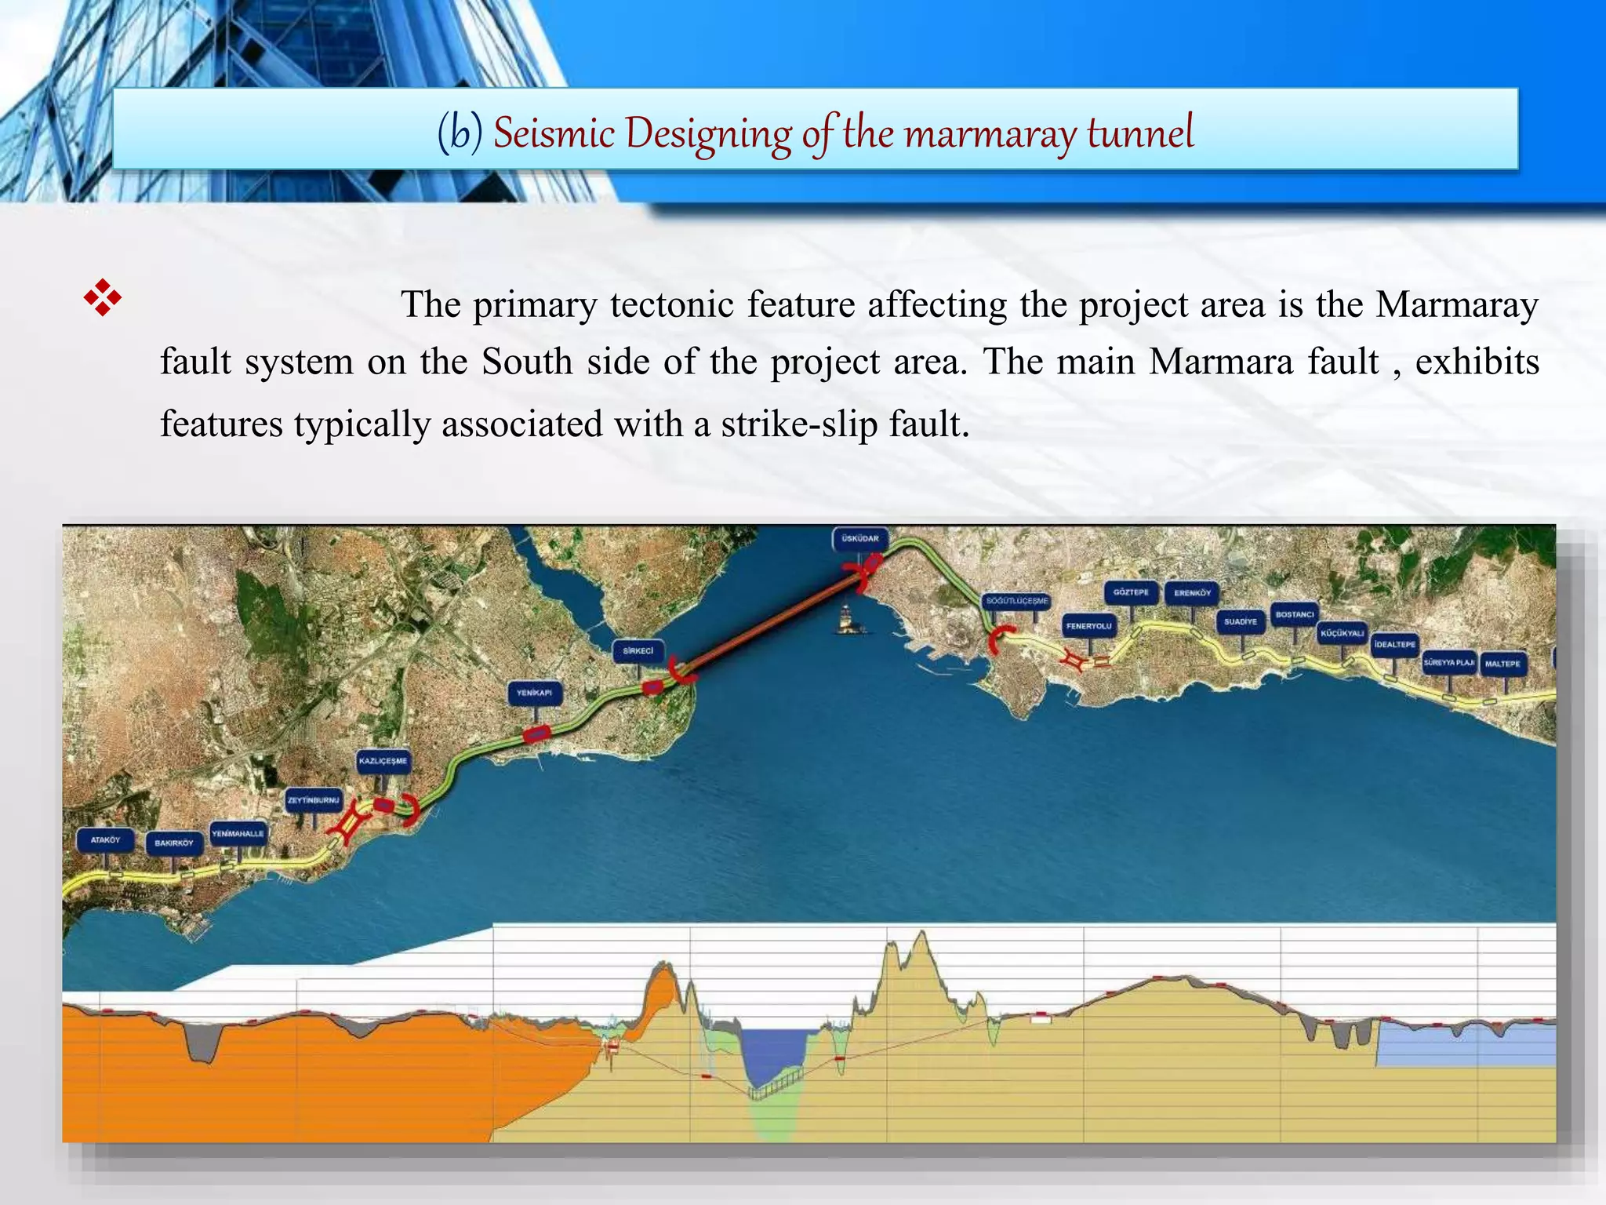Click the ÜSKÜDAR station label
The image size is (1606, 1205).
coord(860,539)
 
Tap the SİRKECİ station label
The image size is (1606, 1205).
coord(638,651)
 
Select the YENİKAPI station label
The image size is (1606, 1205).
coord(535,694)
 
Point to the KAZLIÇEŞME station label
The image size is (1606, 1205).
coord(383,761)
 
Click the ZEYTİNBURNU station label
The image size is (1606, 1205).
coord(314,800)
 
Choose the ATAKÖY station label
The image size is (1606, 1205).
coord(106,840)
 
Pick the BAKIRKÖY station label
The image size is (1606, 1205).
coord(174,843)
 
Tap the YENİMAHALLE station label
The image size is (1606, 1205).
coord(238,833)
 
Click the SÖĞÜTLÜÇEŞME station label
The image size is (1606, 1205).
coord(1016,601)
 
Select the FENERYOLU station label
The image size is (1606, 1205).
coord(1088,626)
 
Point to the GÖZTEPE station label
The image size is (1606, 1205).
coord(1131,592)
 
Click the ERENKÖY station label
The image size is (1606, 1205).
coord(1192,593)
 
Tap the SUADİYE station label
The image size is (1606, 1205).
coord(1241,622)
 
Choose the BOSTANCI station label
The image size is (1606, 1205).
coord(1294,615)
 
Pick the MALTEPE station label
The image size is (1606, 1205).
coord(1502,664)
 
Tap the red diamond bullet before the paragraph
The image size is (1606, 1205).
coord(103,298)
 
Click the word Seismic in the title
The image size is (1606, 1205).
coord(554,132)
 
